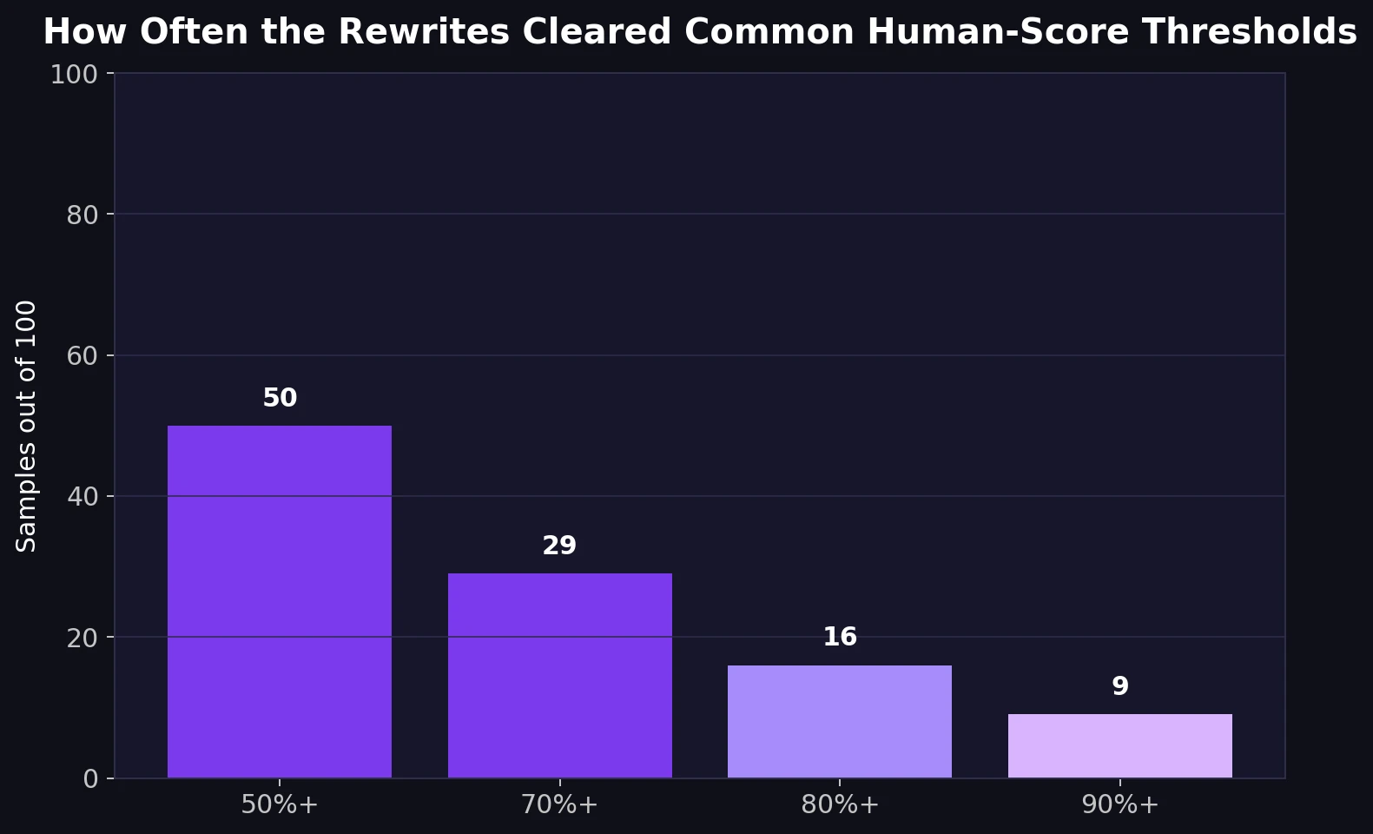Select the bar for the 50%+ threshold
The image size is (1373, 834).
[x=279, y=601]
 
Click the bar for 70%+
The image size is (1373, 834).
[x=559, y=675]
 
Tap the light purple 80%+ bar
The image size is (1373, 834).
[x=839, y=721]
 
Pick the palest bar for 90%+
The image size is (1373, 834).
[x=1119, y=745]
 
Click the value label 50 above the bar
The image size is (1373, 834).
[x=280, y=398]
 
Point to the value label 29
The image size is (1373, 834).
[x=559, y=546]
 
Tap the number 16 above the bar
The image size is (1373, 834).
[x=840, y=637]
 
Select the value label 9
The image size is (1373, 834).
[x=1120, y=686]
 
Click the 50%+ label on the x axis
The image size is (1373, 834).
[x=280, y=804]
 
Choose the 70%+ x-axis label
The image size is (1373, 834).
[x=559, y=804]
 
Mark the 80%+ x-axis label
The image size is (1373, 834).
[x=840, y=804]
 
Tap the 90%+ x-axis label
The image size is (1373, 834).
[x=1120, y=804]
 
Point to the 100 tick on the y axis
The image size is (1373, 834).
[x=74, y=75]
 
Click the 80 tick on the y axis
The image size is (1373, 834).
[x=83, y=215]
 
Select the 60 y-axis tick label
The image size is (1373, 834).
[x=83, y=356]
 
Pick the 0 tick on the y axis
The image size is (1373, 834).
[x=91, y=779]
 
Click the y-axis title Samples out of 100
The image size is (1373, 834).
[x=27, y=426]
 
